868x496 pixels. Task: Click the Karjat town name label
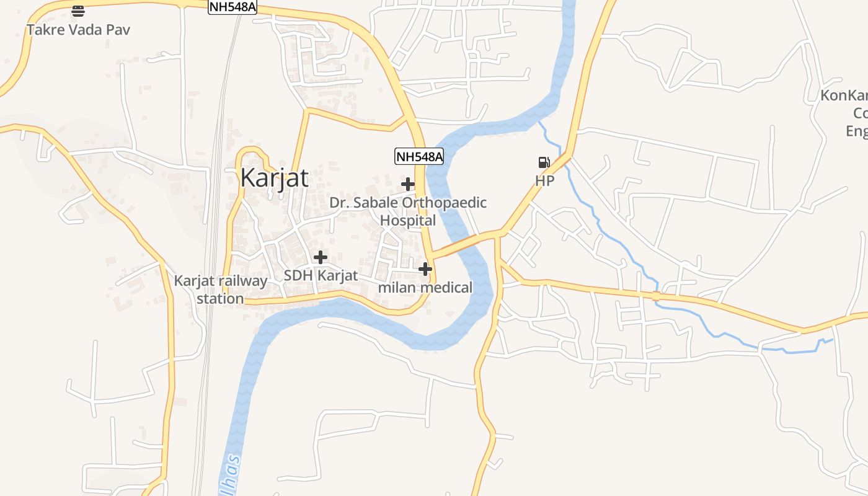(274, 178)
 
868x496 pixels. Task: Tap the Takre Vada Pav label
(78, 30)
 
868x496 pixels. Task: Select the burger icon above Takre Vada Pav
(78, 11)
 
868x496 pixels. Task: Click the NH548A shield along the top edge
(232, 7)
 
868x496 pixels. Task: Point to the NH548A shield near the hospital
(420, 156)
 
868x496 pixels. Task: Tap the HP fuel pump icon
(544, 162)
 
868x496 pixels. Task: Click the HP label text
(544, 181)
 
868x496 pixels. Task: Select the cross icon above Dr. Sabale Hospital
(408, 184)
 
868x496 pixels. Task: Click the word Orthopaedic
(444, 203)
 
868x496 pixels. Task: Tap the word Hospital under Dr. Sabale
(408, 221)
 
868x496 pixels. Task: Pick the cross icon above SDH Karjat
(321, 257)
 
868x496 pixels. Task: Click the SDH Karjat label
(321, 275)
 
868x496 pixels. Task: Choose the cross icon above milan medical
(425, 269)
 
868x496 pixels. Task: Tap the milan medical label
(425, 288)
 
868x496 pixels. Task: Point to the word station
(220, 299)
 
